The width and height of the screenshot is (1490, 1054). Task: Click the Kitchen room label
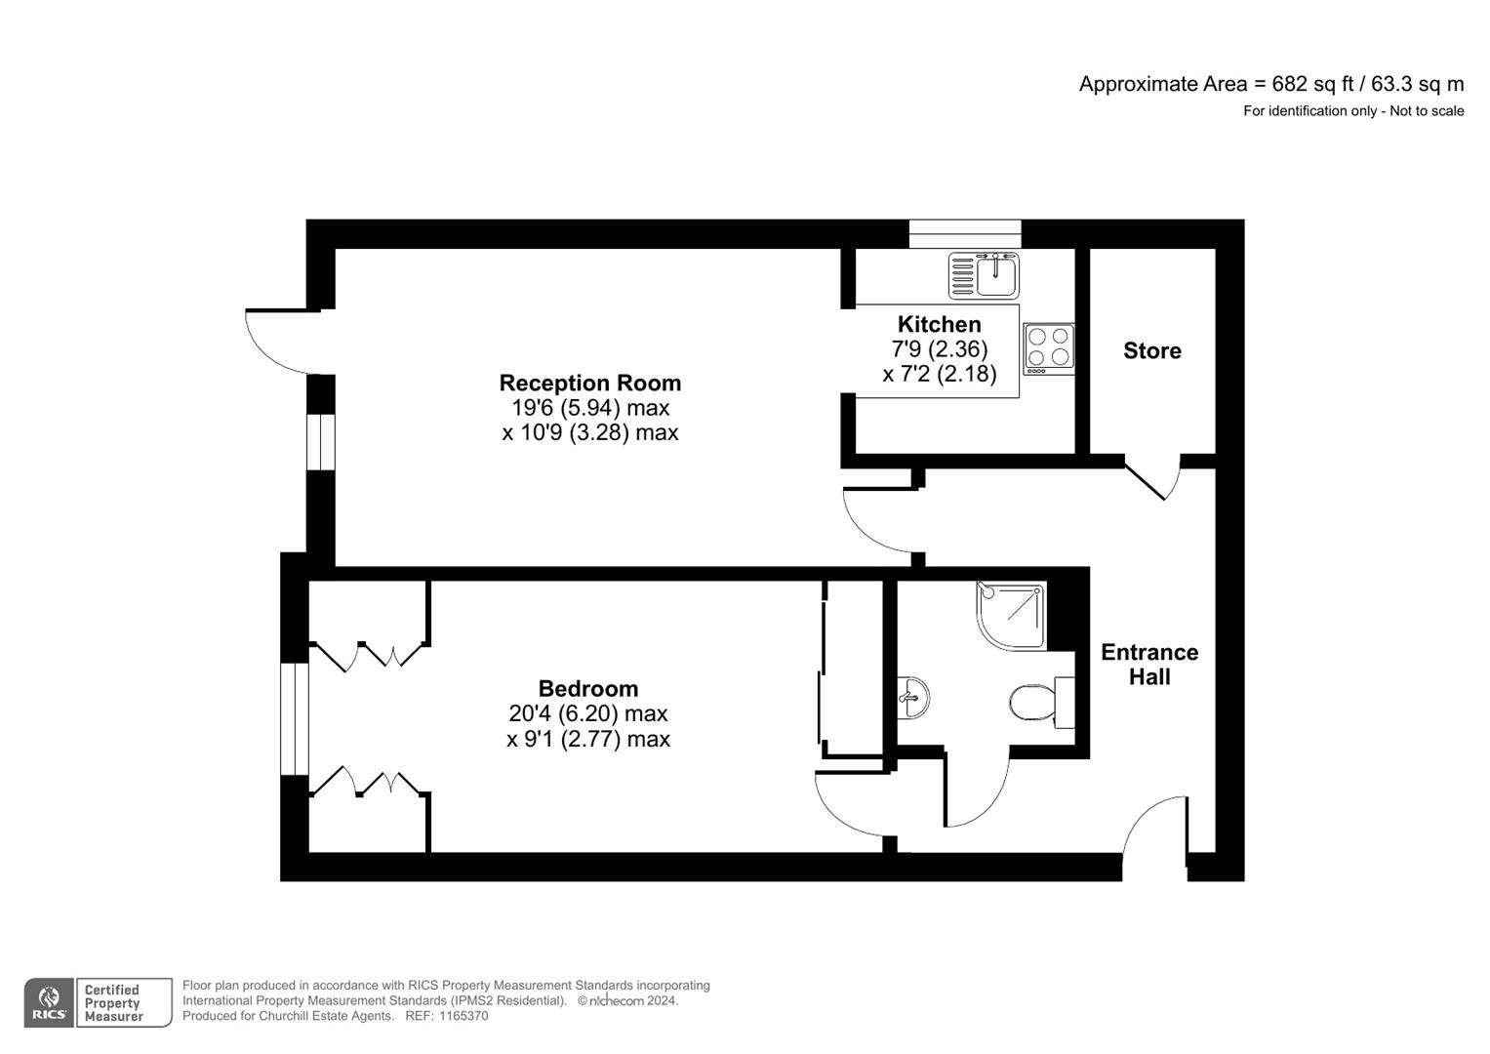939,324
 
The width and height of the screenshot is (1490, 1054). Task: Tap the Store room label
1151,350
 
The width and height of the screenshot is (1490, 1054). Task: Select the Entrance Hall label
1149,665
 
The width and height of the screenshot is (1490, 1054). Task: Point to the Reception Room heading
589,383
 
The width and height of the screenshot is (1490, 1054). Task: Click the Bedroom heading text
587,688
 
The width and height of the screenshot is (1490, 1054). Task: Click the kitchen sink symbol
984,275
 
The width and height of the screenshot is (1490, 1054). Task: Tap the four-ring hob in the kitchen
1049,348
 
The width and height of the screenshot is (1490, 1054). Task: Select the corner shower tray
1011,616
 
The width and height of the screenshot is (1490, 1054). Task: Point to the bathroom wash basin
912,697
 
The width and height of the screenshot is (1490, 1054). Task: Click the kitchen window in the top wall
964,234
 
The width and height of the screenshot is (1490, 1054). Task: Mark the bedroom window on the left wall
294,719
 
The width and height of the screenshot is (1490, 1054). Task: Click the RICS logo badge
49,1003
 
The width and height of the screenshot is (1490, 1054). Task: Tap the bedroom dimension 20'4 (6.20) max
587,713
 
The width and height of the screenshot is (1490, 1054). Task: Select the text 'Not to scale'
1427,111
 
